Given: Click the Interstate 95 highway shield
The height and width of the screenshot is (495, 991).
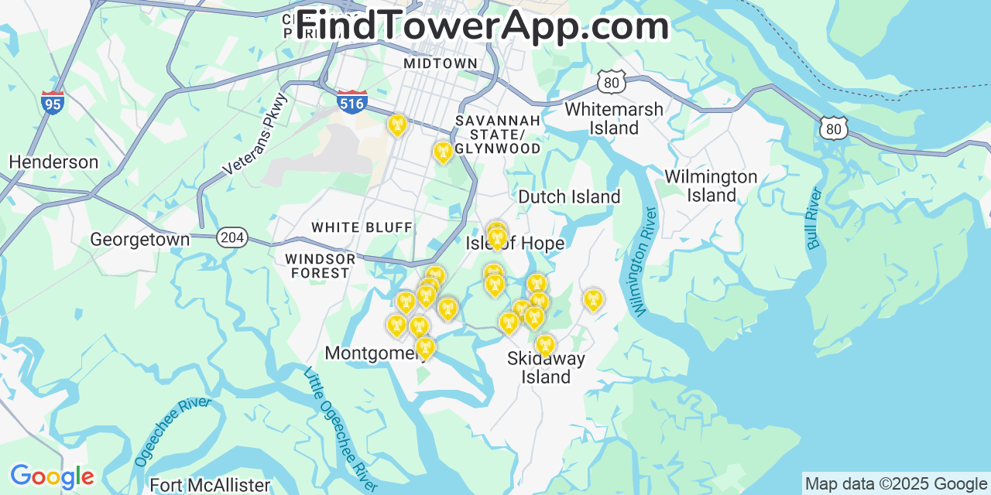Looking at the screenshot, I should [x=53, y=102].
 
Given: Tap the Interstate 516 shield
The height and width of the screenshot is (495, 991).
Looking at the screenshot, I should [x=352, y=101].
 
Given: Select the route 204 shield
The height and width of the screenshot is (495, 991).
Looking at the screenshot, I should [x=231, y=237].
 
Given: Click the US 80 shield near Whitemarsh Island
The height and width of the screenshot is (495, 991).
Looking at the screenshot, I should [x=612, y=82].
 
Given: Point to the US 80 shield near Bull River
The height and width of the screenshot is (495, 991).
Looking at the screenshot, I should [x=833, y=128].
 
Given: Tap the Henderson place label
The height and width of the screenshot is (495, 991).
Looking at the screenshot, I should [x=53, y=162].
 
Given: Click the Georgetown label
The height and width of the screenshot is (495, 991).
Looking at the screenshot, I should [x=139, y=240].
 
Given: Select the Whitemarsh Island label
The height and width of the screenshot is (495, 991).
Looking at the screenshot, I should [x=614, y=118].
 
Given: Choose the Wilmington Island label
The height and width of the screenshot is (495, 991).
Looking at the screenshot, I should [x=711, y=186].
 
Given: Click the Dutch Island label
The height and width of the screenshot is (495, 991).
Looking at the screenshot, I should [x=569, y=197].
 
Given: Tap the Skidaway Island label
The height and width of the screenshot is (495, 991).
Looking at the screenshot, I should [x=546, y=367].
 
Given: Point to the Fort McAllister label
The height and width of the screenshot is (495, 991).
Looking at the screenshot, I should [x=210, y=486].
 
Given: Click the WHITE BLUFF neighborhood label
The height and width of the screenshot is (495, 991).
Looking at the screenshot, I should [x=362, y=227].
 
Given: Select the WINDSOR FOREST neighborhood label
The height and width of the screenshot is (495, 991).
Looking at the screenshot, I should [x=320, y=265].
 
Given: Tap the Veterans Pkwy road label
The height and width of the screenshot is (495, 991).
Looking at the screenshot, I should [x=255, y=134].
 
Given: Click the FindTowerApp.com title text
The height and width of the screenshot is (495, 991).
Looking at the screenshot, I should [x=482, y=26].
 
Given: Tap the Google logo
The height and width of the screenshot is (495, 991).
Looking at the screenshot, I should [x=51, y=477].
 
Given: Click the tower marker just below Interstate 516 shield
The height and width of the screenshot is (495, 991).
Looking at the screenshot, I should [x=397, y=125].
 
